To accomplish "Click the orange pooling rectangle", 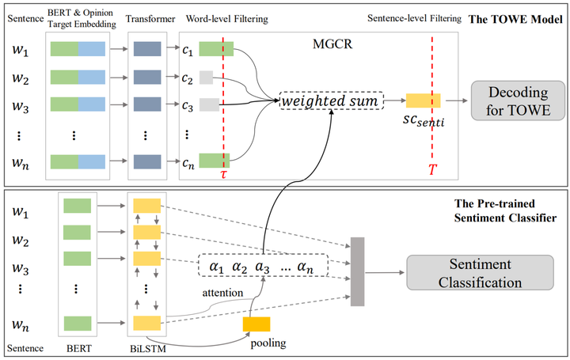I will (x=256, y=324).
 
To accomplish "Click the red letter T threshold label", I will (x=432, y=169).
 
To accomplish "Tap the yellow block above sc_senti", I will (x=424, y=100).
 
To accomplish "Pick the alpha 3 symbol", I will (x=263, y=267).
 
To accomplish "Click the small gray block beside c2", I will (x=207, y=78).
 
